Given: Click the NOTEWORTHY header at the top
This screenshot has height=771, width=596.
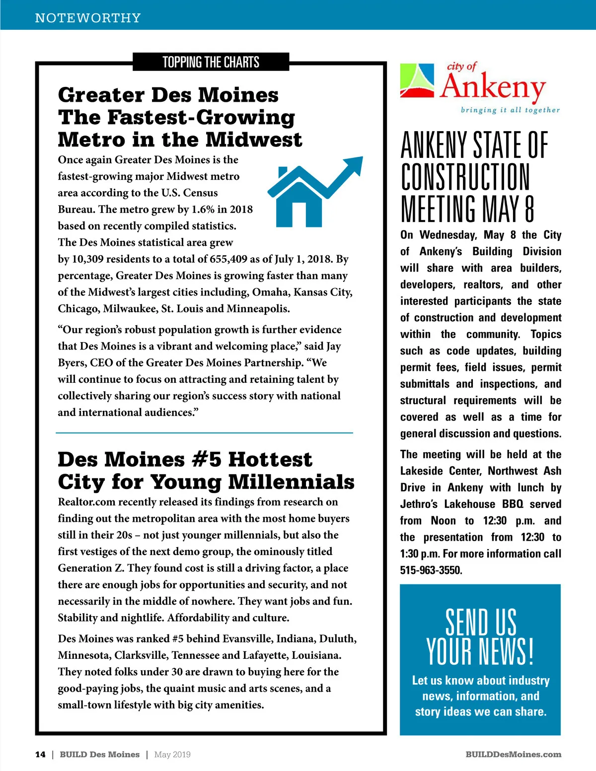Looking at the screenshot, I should tap(88, 18).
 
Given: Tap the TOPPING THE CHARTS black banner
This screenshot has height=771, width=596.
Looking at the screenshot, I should tap(211, 62).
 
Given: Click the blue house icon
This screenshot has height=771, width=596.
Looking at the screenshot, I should tap(298, 199).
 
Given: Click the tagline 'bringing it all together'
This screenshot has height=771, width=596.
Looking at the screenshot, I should tap(510, 110).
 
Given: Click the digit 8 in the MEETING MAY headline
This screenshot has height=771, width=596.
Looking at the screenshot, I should tap(529, 209).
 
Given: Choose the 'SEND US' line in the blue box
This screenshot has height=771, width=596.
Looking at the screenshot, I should tap(480, 622).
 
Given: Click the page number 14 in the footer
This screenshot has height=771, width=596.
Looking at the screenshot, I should tap(40, 754).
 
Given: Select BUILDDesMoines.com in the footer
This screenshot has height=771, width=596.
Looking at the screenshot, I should tap(514, 754).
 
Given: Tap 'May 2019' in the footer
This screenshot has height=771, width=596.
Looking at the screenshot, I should tap(172, 754).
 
